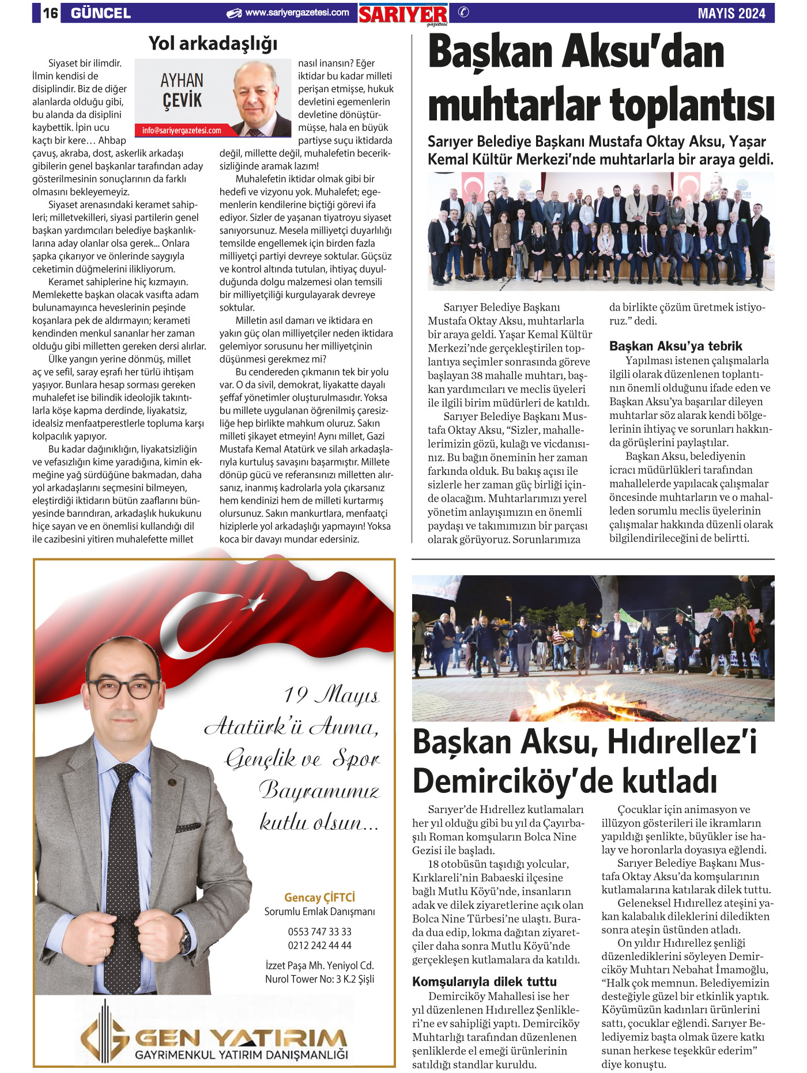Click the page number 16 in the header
point(51,13)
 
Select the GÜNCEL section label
point(101,13)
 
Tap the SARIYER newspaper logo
point(403,14)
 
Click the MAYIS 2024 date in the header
point(731,13)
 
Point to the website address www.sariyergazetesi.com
point(297,13)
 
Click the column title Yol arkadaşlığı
point(213,43)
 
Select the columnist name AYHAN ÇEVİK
point(182,90)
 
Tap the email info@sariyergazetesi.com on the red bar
point(182,131)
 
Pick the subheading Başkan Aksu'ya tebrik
point(676,346)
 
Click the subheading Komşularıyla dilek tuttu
point(484,981)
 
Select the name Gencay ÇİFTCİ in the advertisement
point(319,897)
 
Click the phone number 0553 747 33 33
point(319,932)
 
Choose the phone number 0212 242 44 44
point(319,945)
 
